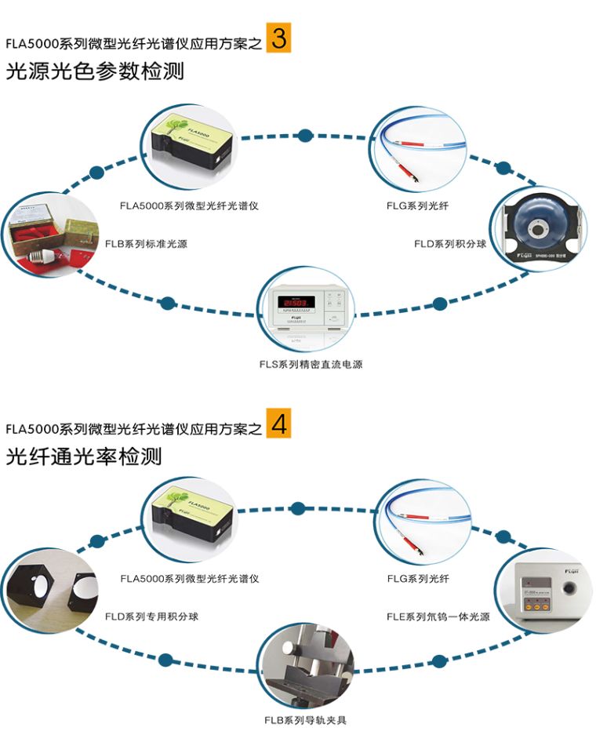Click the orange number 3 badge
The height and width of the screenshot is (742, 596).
coord(278,38)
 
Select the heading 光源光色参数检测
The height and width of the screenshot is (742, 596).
coord(95,71)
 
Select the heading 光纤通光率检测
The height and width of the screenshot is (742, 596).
coord(84,456)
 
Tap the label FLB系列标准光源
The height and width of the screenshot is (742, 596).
coord(146,244)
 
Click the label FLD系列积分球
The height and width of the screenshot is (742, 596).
coord(450,244)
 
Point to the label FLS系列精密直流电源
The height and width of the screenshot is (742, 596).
coord(311,364)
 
